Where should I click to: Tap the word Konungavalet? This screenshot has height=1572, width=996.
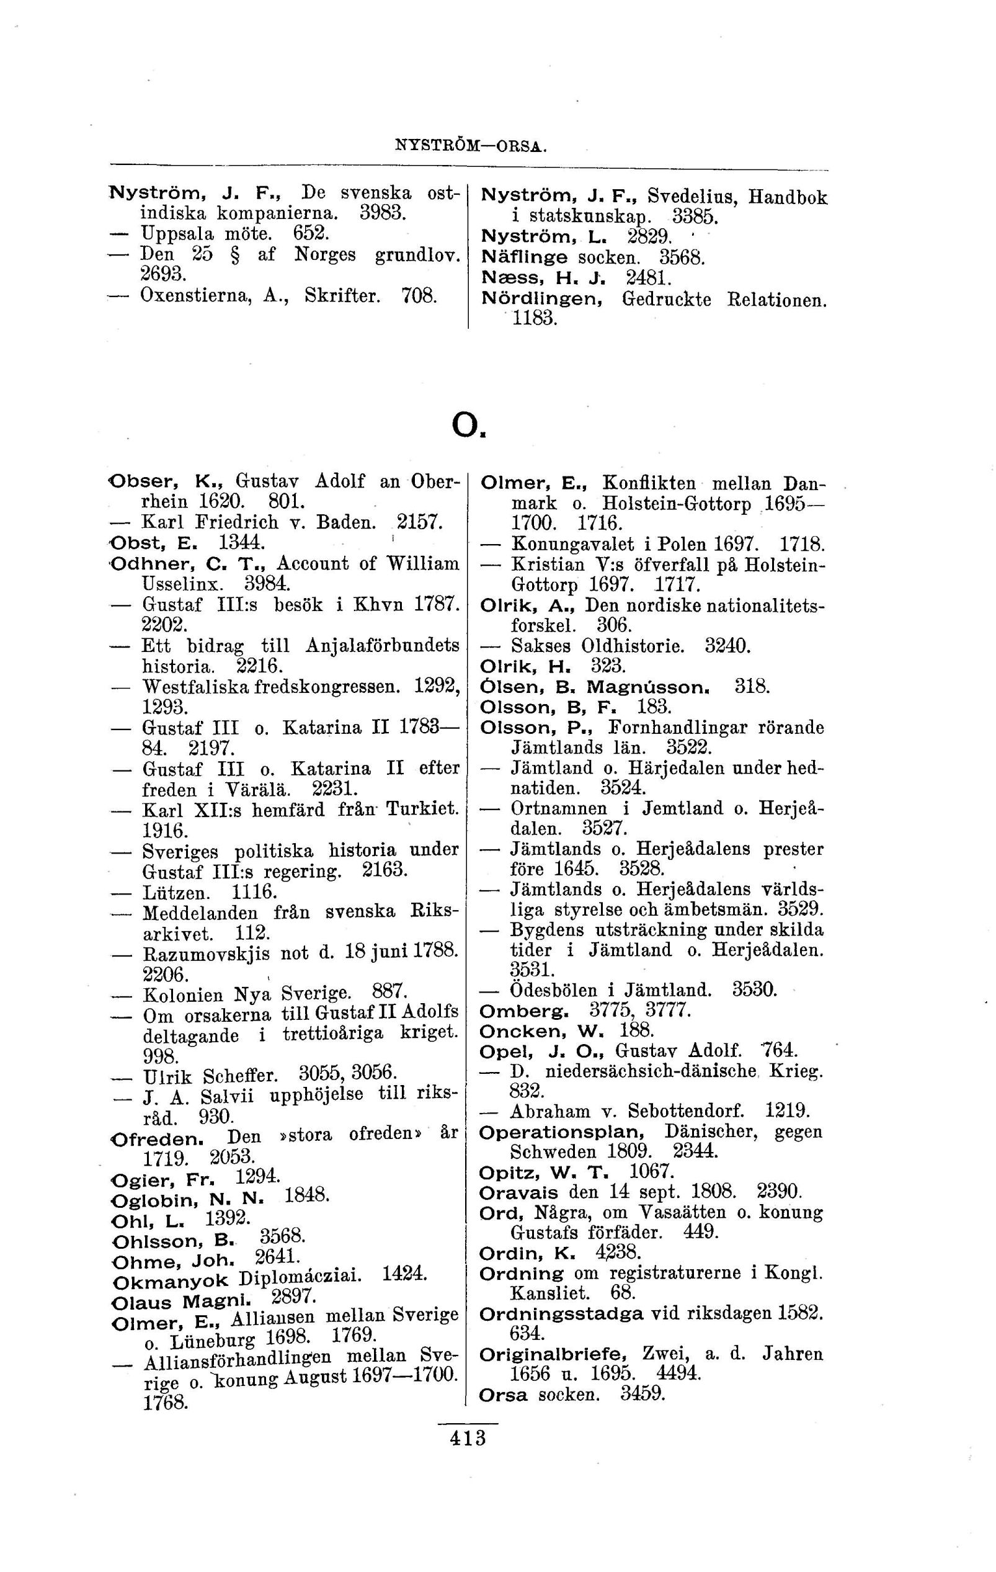click(572, 543)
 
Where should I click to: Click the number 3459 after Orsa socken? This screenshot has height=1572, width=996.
click(643, 1395)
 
